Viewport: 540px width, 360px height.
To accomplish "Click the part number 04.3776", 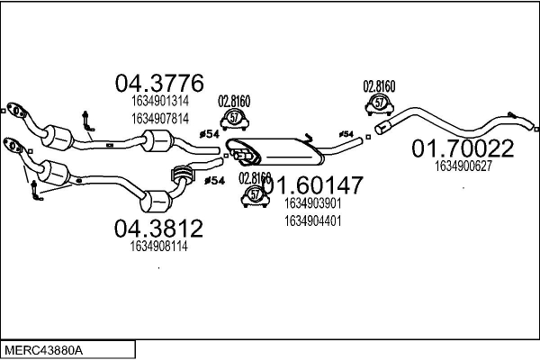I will click(x=158, y=84).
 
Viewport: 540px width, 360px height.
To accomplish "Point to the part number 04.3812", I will click(x=158, y=227).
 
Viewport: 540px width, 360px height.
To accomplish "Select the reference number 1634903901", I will click(x=312, y=204).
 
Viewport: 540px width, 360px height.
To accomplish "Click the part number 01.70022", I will click(x=463, y=148).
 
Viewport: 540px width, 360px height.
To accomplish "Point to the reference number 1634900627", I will click(x=463, y=166).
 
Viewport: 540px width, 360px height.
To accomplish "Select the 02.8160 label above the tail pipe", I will click(x=379, y=86).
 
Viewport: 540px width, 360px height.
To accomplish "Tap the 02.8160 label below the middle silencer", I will click(x=255, y=177).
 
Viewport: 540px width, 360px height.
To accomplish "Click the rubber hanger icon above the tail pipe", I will click(x=379, y=104).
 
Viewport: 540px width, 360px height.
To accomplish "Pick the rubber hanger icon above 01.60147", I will click(x=235, y=118).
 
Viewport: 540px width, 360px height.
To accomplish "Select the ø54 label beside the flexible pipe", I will click(x=214, y=182).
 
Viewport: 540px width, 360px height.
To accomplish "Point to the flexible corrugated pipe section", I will click(x=184, y=174).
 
